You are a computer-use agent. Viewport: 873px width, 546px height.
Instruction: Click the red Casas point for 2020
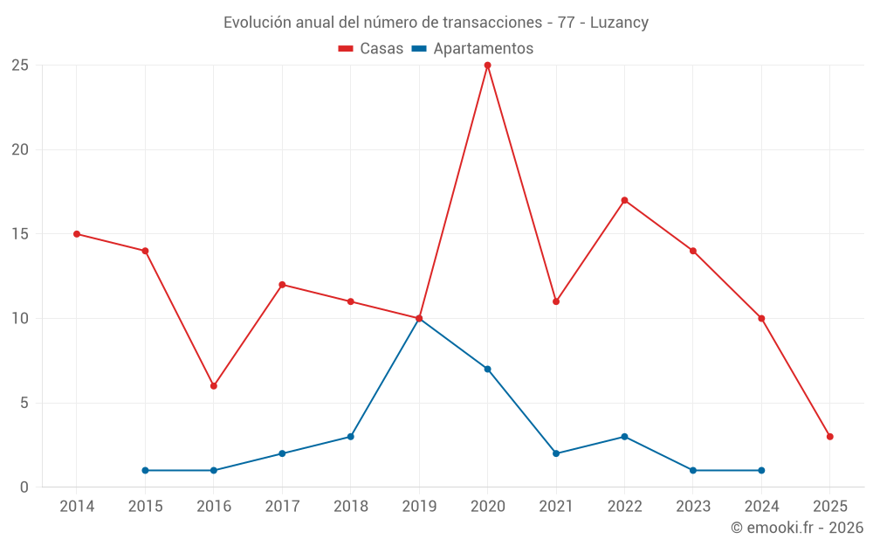click(487, 65)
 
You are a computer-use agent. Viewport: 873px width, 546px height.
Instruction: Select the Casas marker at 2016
click(213, 385)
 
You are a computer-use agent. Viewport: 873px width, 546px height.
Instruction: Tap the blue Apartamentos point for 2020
click(487, 369)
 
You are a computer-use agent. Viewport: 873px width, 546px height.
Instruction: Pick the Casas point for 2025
click(829, 436)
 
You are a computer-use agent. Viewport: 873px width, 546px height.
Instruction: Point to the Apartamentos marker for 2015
click(145, 470)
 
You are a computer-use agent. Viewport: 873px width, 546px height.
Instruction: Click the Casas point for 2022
click(624, 200)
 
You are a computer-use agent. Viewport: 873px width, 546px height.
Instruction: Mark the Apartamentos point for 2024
click(761, 470)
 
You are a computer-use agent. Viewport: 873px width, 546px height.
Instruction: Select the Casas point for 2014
click(77, 233)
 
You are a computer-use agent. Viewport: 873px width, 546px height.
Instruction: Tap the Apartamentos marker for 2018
click(350, 436)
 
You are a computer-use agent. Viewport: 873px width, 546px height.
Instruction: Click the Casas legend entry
click(371, 49)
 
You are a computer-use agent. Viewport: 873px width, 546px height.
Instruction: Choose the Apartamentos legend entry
click(472, 49)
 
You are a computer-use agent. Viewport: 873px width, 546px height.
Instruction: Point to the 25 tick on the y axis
click(20, 65)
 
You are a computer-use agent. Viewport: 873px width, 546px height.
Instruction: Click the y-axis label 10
click(20, 318)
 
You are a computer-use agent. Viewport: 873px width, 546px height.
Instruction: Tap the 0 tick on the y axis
click(24, 487)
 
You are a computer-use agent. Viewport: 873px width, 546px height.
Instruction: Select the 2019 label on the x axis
click(419, 506)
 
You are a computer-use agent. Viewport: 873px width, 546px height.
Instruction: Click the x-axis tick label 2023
click(693, 506)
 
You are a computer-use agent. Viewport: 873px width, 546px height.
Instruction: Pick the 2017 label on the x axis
click(282, 506)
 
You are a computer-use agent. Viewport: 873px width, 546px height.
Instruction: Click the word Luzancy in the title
click(619, 23)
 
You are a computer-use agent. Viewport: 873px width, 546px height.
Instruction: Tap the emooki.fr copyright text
click(796, 528)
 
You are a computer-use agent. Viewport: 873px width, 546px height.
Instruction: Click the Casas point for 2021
click(556, 301)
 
